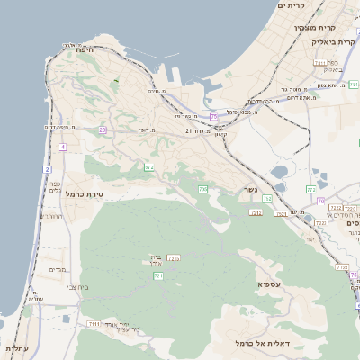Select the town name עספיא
tap(271, 284)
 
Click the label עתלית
tap(16, 348)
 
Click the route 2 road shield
tap(47, 168)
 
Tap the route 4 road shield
tap(63, 146)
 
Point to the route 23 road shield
tap(103, 130)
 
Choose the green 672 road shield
tap(148, 167)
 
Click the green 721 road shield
tap(158, 276)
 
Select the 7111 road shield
tap(94, 323)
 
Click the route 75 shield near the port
tap(213, 117)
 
